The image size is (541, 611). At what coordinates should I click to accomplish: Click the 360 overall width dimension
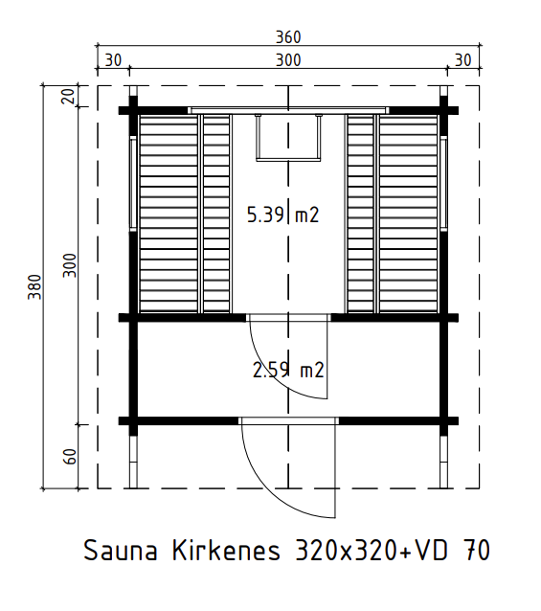click(x=288, y=37)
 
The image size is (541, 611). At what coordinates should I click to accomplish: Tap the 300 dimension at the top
click(x=288, y=60)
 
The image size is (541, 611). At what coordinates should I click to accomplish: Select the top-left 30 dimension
click(x=113, y=60)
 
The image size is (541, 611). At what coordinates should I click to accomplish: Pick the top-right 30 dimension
click(x=463, y=60)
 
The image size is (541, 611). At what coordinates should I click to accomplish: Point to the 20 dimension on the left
click(x=69, y=96)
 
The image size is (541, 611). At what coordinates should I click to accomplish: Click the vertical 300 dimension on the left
click(x=70, y=265)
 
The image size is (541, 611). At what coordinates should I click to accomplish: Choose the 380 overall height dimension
click(x=34, y=287)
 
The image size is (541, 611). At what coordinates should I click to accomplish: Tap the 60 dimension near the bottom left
click(x=70, y=457)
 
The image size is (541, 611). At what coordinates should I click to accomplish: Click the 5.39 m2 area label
click(x=283, y=215)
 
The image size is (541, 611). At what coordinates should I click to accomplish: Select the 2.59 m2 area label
click(x=288, y=371)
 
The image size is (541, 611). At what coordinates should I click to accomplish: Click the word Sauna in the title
click(x=121, y=551)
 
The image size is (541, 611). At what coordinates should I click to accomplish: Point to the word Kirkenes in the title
click(x=226, y=551)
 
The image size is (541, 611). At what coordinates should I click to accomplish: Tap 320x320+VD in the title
click(x=372, y=551)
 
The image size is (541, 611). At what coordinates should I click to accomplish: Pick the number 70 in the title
click(x=477, y=551)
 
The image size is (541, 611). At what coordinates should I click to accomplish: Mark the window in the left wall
click(x=133, y=184)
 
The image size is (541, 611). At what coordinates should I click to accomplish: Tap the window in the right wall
click(x=443, y=184)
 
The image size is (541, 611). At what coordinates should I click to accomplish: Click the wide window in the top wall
click(x=288, y=110)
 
